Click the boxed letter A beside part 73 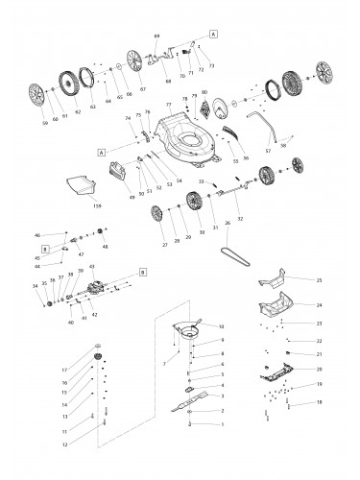pyautogui.click(x=212, y=32)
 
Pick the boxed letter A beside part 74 pyautogui.click(x=100, y=152)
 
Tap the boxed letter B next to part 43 pyautogui.click(x=144, y=273)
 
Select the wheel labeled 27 pyautogui.click(x=156, y=218)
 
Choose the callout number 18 pyautogui.click(x=320, y=403)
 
